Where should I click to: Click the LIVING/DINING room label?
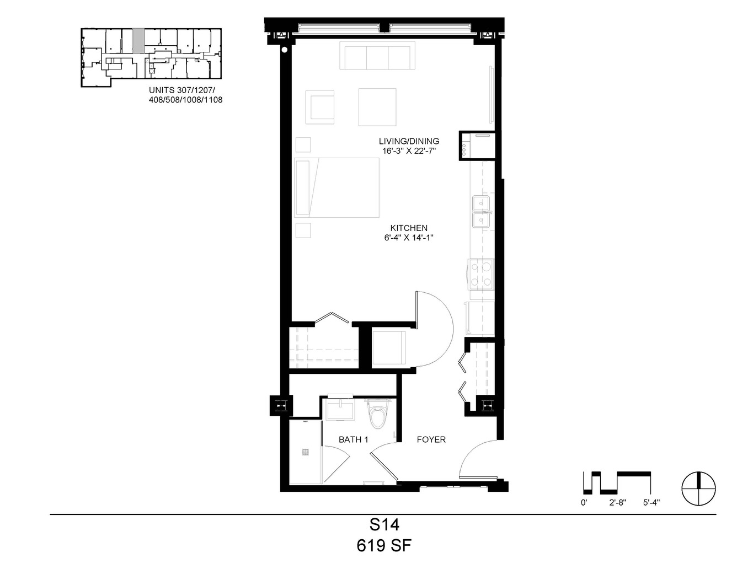409,141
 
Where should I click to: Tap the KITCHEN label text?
409,228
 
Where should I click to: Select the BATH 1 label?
353,439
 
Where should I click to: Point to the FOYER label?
431,439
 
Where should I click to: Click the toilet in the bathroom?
378,415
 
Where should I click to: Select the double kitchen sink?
481,212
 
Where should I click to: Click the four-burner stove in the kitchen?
480,274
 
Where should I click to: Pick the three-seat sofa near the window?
377,56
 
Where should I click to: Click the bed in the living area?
337,187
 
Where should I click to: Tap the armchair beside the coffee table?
320,107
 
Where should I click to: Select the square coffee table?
377,107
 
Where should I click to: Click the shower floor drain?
305,452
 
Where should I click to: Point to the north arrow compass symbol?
699,489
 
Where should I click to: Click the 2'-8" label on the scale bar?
617,503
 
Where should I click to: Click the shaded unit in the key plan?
138,41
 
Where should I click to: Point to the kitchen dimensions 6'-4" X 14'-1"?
409,238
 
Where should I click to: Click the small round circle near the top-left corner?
285,50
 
